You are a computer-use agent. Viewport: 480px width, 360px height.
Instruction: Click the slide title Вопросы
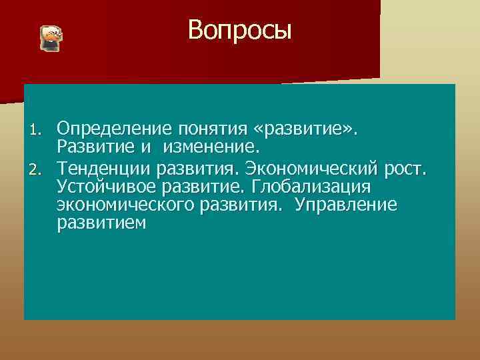239,30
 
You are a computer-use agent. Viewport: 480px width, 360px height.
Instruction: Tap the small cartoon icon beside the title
51,39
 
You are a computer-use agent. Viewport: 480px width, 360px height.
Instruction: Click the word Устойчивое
104,185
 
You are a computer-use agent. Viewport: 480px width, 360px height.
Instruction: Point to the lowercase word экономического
125,205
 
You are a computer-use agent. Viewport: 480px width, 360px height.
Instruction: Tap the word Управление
346,205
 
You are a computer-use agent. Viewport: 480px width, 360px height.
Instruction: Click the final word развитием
101,224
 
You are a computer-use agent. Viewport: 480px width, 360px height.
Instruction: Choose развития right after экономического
236,205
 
